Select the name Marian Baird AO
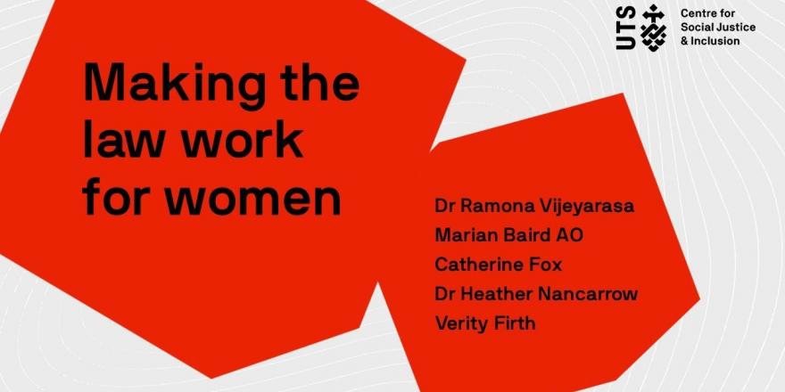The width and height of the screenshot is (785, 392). [508, 234]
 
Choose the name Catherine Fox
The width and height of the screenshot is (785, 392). [498, 264]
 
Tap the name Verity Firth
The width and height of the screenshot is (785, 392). [485, 323]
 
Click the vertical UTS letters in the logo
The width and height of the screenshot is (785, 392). [626, 28]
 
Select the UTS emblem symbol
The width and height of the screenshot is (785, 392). [654, 28]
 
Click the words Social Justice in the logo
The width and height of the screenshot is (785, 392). [718, 28]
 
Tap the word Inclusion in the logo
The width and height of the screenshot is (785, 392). [715, 41]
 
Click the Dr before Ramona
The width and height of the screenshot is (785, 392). [445, 206]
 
